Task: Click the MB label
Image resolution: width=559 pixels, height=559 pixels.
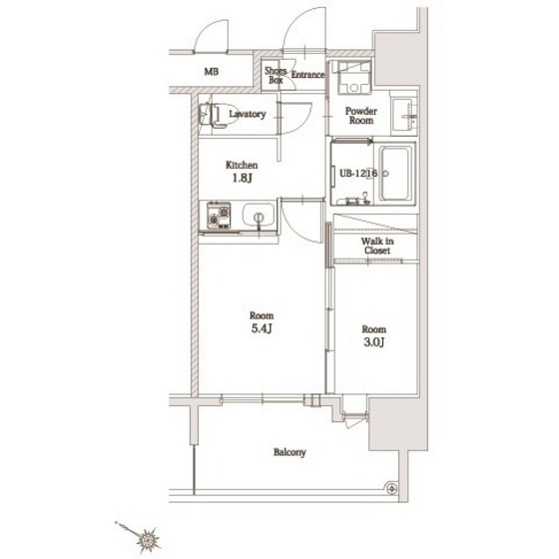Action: click(211, 71)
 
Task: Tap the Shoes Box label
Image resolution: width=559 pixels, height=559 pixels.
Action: click(276, 75)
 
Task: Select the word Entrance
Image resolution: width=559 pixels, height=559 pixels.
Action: click(307, 75)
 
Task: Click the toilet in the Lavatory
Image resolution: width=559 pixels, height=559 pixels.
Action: click(218, 115)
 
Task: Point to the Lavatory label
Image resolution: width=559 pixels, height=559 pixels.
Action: click(248, 114)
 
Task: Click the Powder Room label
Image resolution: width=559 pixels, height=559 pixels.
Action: click(361, 116)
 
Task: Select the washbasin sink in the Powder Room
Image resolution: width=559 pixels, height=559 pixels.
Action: click(403, 116)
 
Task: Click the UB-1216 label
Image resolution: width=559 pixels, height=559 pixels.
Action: click(358, 174)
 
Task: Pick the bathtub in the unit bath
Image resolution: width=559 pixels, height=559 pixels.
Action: click(395, 174)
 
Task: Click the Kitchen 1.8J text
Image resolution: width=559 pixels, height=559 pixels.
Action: click(242, 171)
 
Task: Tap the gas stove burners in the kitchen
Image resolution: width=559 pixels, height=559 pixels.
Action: click(219, 216)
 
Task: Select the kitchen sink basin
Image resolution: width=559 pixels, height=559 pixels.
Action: click(259, 216)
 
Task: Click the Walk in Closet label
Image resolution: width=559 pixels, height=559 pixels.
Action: click(377, 246)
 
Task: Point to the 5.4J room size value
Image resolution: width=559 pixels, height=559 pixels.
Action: click(262, 328)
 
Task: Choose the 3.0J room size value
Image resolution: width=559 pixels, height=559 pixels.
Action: click(373, 342)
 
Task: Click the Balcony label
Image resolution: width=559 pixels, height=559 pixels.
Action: click(289, 452)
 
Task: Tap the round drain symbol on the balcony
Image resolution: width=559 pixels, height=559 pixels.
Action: click(391, 488)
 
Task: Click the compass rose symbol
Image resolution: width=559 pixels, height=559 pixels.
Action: click(148, 538)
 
